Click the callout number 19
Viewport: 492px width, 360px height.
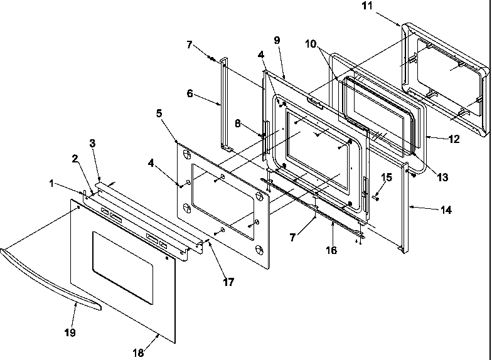pos(70,332)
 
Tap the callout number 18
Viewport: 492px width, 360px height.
pos(137,353)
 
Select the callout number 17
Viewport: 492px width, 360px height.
pos(228,282)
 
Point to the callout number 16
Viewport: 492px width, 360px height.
pos(331,250)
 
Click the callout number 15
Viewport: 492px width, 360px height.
pos(387,177)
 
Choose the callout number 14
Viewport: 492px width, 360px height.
pos(446,211)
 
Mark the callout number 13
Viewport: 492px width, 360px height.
pos(443,177)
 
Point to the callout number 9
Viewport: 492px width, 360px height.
pos(277,40)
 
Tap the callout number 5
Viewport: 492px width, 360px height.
pos(159,114)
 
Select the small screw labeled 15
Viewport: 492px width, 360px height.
pos(374,196)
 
